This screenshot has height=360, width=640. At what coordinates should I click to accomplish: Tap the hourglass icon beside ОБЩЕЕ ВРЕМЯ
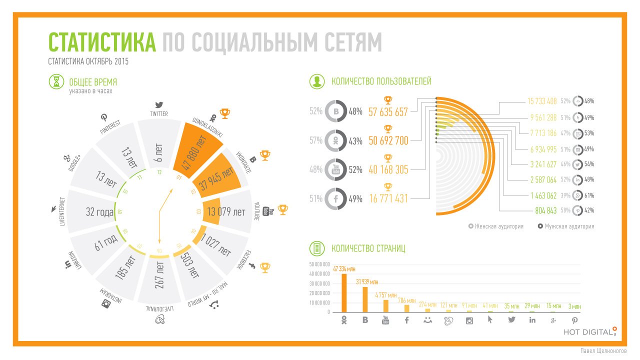tap(56, 82)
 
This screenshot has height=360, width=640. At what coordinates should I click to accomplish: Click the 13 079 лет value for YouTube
tap(225, 212)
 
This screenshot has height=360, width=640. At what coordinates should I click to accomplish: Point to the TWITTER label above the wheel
tap(159, 114)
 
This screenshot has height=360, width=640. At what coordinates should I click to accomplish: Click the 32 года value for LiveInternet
tap(99, 212)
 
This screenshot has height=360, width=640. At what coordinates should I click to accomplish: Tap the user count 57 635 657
tap(388, 111)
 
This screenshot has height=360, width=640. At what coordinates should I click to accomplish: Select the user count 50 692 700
tap(388, 141)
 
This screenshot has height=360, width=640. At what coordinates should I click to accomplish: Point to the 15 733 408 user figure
tap(542, 101)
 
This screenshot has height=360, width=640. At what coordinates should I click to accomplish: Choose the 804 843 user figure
tap(545, 210)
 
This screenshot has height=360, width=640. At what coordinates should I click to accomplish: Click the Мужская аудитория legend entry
tap(566, 226)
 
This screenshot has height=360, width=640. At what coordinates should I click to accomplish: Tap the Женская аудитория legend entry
tap(496, 226)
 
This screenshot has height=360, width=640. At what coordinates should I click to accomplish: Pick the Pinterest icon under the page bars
tap(574, 320)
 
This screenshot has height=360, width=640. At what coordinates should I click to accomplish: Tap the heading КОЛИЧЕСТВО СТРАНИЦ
tap(368, 248)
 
